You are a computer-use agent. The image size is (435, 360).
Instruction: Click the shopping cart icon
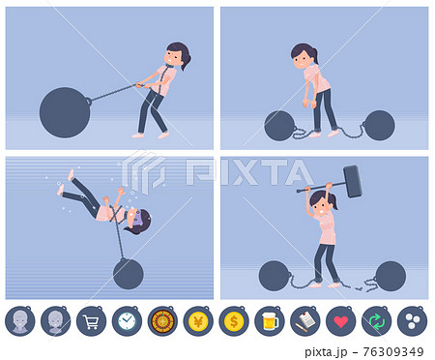91,321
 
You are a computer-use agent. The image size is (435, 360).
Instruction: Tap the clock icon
127,321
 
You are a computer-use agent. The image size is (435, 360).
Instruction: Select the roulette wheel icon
162,321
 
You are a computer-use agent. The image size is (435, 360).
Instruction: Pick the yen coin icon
198,321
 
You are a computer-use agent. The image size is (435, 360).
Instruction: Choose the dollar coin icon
234,321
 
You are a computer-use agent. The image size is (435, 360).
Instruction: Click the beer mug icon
270,321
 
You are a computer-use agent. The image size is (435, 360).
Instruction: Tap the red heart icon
341,321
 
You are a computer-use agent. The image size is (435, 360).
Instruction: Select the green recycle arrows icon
377,321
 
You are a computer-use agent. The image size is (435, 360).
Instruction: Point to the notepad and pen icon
305,321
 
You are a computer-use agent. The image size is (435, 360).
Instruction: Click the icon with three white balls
413,321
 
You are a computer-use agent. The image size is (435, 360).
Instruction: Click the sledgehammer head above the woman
353,181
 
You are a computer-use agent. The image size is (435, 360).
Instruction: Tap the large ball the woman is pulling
65,112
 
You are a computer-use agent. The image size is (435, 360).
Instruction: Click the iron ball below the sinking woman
129,274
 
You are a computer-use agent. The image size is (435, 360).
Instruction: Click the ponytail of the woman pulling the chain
187,62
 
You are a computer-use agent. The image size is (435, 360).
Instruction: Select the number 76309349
393,351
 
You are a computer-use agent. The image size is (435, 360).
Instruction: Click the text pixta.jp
326,352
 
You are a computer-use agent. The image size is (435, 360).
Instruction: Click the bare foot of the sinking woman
71,175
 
